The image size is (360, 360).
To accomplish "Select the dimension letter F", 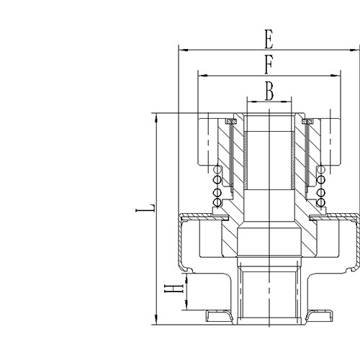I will pos(269,65).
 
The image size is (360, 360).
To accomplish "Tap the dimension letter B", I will pos(269,91).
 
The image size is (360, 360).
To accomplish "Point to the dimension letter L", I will pos(146,209).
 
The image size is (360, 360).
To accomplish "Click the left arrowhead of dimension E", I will pos(181,50).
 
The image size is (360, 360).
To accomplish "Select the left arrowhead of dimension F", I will pos(200,75).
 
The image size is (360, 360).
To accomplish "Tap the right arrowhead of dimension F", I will pos(336,75).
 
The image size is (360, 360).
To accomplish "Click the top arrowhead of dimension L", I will pos(156,116).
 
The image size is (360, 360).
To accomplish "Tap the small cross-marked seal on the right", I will pos(307,121).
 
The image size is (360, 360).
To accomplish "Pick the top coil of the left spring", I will pos(217,170).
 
